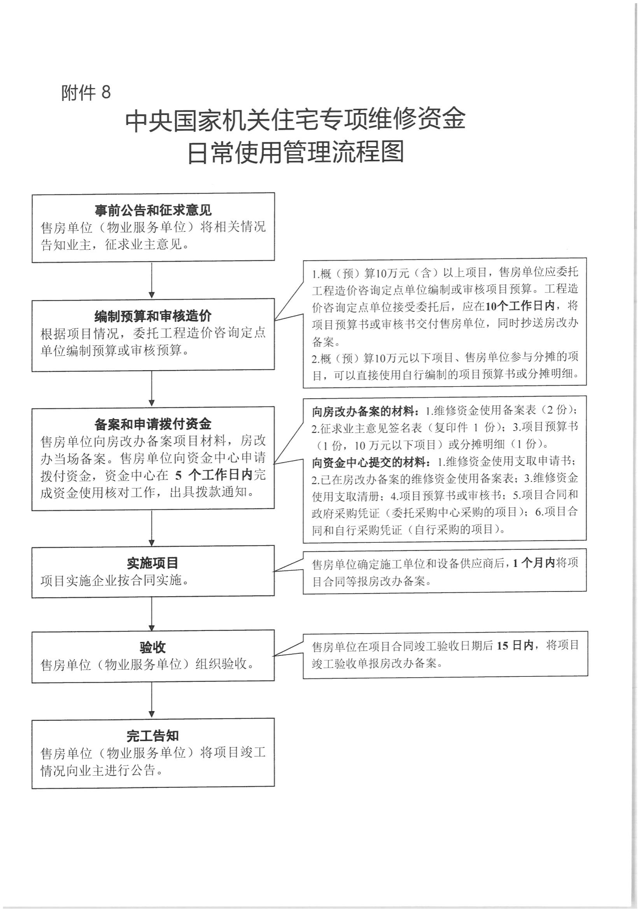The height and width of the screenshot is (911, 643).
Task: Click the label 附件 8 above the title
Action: [86, 93]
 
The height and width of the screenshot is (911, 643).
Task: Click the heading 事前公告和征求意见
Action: [153, 210]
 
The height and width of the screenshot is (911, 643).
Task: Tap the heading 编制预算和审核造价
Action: [153, 316]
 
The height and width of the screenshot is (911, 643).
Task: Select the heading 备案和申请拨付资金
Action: [153, 424]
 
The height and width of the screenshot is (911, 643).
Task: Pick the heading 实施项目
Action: [153, 563]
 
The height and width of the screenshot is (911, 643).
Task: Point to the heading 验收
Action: [153, 647]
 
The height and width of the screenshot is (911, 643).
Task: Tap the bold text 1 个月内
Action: [534, 563]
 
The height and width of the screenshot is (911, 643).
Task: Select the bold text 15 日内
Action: [515, 646]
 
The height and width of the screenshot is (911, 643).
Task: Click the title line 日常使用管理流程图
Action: [295, 152]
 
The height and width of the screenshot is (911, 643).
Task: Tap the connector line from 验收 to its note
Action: [288, 649]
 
